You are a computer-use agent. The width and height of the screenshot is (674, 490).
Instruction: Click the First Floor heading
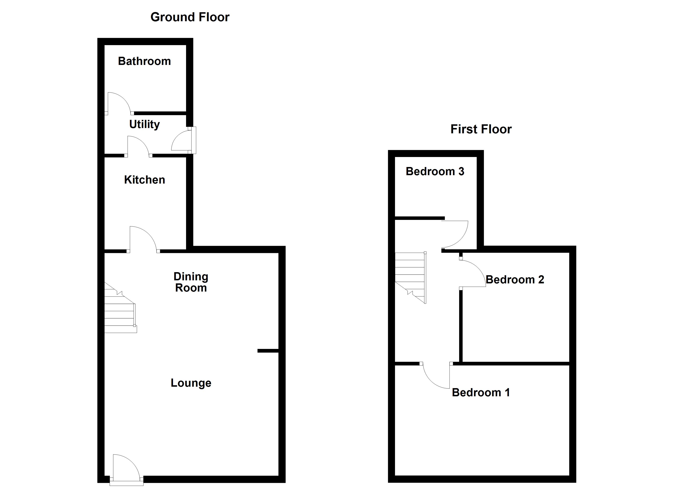pos(481,129)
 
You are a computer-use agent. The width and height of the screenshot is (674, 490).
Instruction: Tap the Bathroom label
pos(144,61)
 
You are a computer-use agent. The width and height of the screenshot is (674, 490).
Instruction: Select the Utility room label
pos(144,124)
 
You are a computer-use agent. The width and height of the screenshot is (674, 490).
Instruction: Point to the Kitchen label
pos(144,180)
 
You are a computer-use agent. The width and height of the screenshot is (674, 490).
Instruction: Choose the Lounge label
pos(191,383)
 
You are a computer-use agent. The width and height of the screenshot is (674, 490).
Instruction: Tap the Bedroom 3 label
pos(435,171)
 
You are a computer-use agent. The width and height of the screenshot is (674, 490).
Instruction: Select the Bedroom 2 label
pos(515,280)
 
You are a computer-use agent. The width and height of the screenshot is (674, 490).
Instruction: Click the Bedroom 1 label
pos(481,393)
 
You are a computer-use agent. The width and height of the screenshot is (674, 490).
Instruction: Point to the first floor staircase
pos(410,276)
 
